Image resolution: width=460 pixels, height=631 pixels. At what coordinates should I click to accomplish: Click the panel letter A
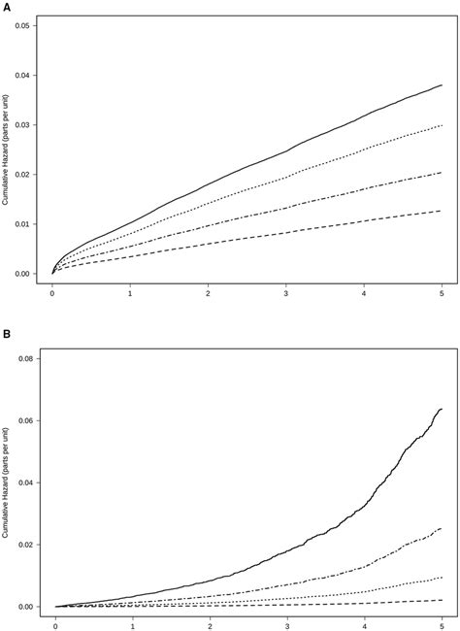coord(6,6)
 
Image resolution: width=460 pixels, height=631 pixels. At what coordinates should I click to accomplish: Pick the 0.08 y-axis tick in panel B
coord(25,358)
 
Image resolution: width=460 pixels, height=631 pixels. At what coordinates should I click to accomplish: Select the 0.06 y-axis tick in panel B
coord(25,420)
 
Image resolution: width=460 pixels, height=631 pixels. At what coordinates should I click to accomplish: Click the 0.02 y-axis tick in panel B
coord(25,545)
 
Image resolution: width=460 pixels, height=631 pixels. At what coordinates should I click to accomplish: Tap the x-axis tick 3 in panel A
coord(285,292)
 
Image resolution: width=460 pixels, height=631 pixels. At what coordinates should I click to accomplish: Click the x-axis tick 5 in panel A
coord(442,292)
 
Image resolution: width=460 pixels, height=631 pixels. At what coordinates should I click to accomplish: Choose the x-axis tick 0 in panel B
coord(56,625)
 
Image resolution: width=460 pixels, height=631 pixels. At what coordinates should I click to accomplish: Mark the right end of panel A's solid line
coord(442,85)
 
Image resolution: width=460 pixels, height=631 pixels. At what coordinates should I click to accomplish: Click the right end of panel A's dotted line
coord(442,125)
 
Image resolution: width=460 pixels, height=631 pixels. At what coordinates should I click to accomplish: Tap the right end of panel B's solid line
coord(442,409)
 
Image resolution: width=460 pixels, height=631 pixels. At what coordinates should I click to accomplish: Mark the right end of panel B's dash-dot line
coord(442,529)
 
